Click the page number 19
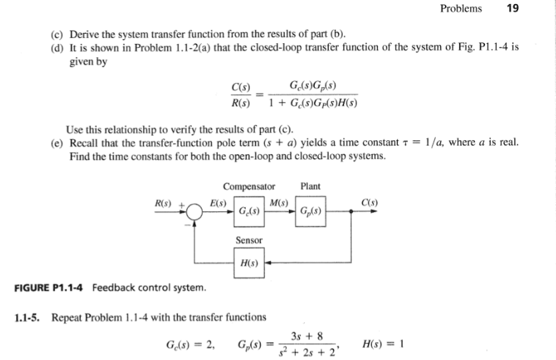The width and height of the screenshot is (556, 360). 512,9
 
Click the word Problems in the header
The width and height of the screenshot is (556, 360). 461,9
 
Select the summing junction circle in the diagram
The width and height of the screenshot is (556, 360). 195,211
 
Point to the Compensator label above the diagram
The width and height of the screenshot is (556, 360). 249,187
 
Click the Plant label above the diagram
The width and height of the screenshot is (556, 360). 310,187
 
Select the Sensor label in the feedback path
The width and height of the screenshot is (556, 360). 249,239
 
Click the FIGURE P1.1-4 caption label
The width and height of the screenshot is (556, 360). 50,288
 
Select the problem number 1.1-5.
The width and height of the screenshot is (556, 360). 28,316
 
